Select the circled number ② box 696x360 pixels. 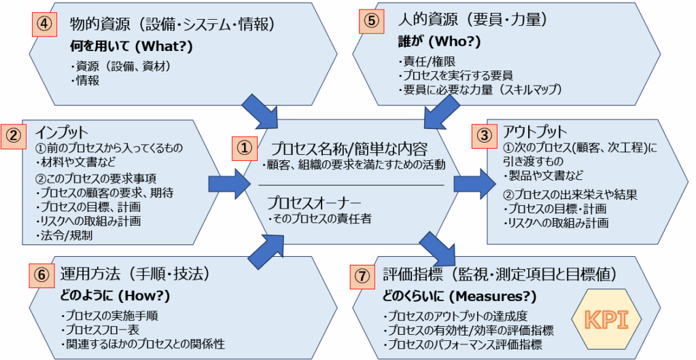tap(14, 134)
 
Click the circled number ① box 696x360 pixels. tap(244, 146)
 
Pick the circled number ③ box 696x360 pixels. tap(483, 134)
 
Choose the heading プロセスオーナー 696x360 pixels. tap(311, 202)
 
